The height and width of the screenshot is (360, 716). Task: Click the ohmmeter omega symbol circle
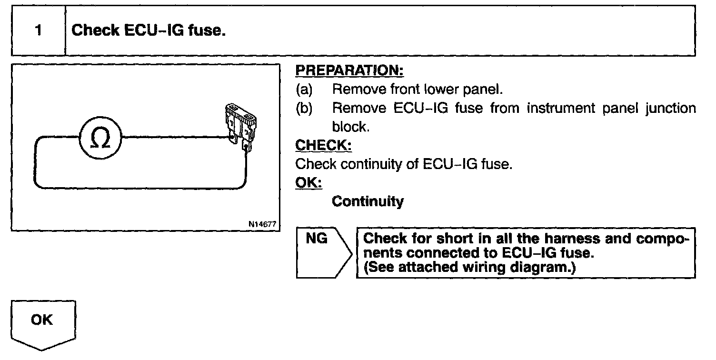coord(100,138)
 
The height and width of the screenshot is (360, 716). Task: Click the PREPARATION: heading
coord(349,71)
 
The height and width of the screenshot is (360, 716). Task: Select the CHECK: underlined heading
coord(323,145)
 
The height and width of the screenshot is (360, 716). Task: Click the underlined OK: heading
coord(308,183)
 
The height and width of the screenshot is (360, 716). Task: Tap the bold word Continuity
coord(368,201)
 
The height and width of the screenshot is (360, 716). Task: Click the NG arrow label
coord(317,238)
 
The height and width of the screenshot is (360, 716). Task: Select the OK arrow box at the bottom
coord(42,321)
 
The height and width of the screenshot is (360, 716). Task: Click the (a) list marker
coord(304,90)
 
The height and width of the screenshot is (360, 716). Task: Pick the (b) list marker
coord(304,109)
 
